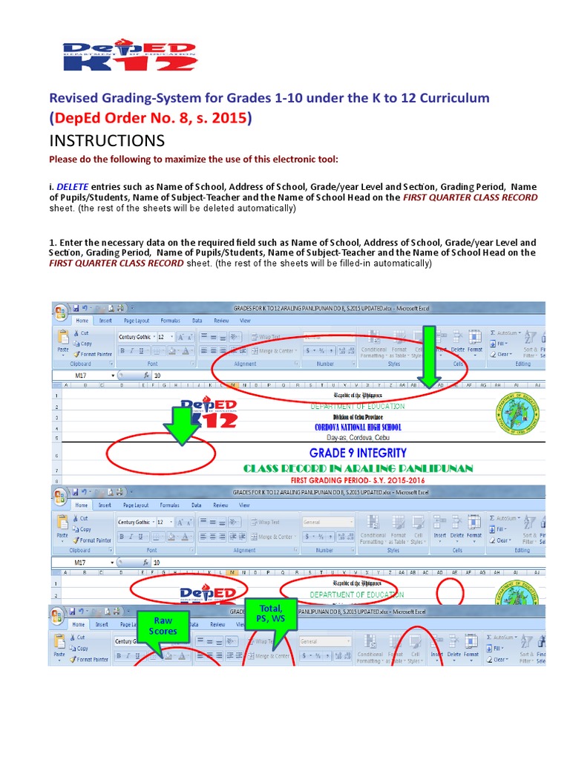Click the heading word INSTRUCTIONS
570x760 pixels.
point(107,141)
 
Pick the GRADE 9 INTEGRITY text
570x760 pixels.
point(358,453)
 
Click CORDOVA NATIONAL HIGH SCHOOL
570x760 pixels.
point(358,427)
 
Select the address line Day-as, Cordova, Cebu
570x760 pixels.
point(358,437)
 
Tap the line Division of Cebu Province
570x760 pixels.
point(358,418)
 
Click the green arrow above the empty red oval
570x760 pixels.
point(180,425)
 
